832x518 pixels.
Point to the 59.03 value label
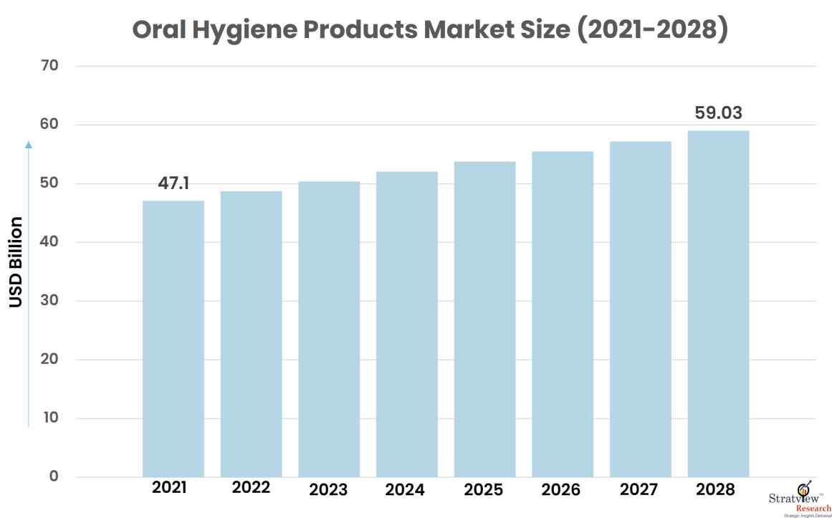pyautogui.click(x=718, y=113)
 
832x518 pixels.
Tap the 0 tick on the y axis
pyautogui.click(x=54, y=477)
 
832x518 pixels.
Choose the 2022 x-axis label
pyautogui.click(x=251, y=488)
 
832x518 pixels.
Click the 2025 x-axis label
pyautogui.click(x=483, y=489)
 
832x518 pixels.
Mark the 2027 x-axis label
pyautogui.click(x=639, y=489)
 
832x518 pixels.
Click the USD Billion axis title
pyautogui.click(x=16, y=262)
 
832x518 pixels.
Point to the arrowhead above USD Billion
pyautogui.click(x=29, y=144)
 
